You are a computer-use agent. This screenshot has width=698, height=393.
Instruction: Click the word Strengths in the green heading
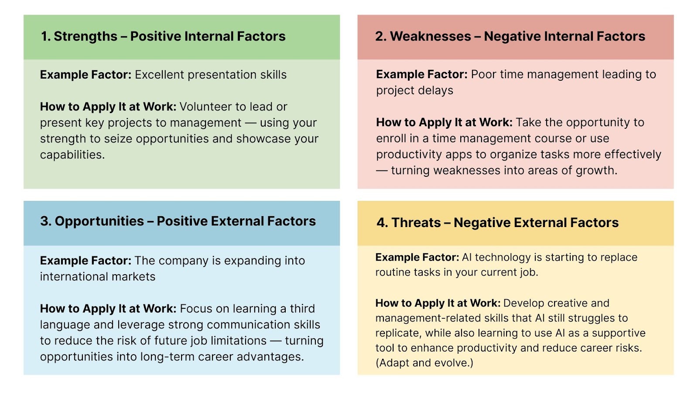click(x=86, y=37)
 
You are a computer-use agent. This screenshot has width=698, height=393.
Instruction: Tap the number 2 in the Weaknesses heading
click(x=380, y=36)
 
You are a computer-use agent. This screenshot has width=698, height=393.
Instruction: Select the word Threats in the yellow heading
click(x=416, y=222)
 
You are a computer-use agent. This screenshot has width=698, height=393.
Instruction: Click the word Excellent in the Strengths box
click(x=159, y=75)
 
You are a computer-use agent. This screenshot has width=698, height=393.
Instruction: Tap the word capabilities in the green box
click(x=72, y=155)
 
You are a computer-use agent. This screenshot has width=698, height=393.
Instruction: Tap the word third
click(x=302, y=308)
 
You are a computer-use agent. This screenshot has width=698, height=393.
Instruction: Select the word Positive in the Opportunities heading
click(x=181, y=221)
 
